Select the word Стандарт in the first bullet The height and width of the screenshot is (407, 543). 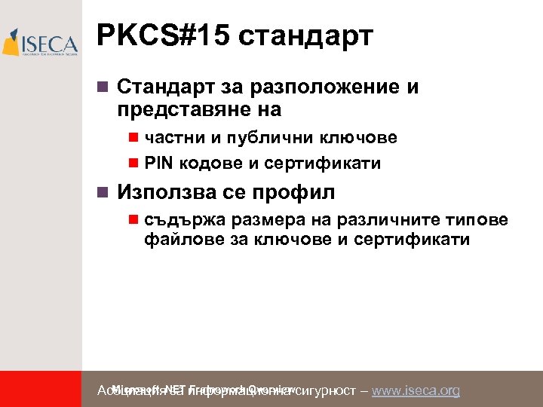point(160,87)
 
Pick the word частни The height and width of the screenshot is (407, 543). point(170,137)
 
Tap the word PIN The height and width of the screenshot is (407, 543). point(159,163)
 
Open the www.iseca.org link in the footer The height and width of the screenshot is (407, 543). point(416,390)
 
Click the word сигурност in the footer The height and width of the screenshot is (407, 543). point(326,390)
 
